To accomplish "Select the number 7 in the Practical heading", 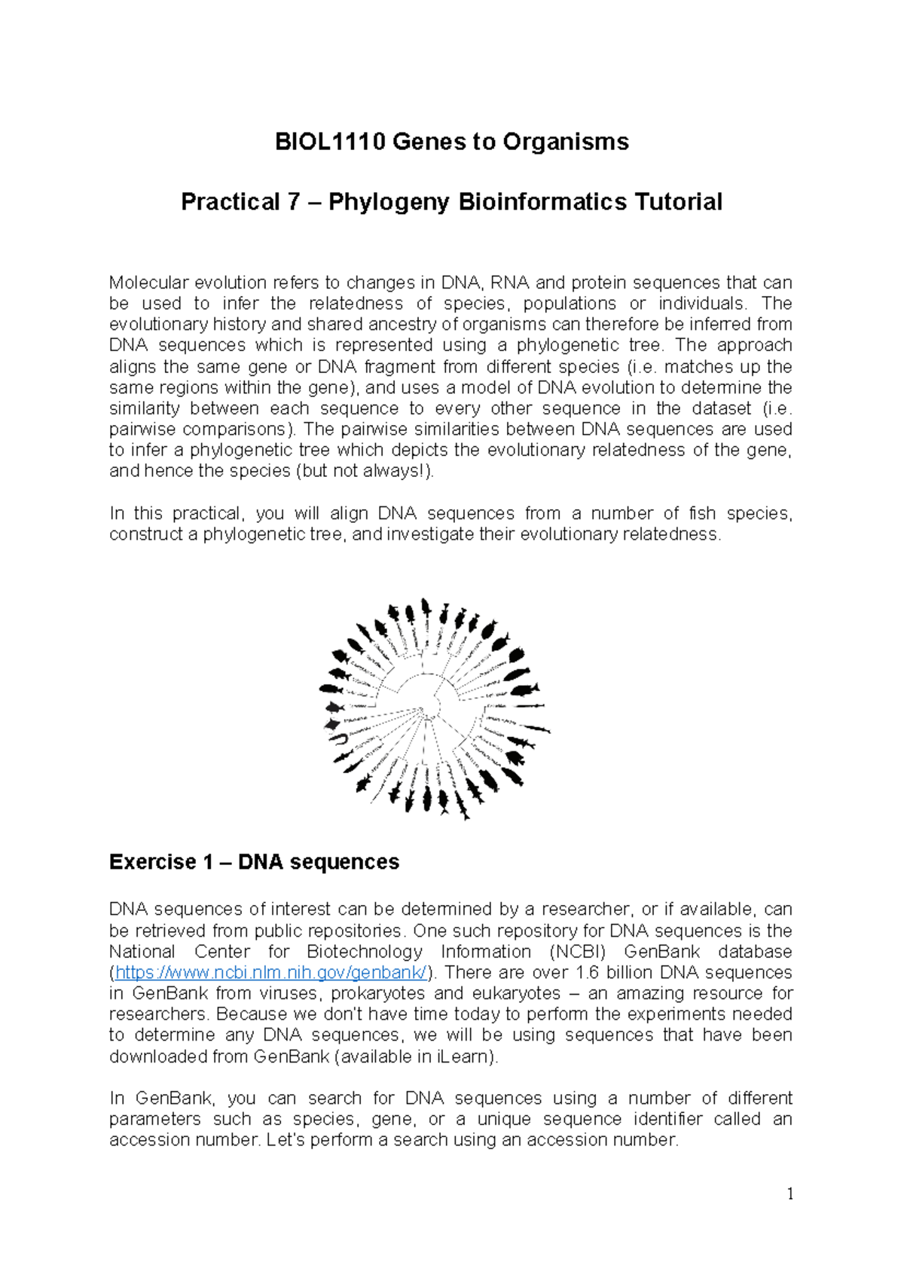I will coord(293,202).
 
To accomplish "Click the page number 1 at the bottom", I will coord(789,1194).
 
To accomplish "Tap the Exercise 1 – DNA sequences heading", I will coord(254,862).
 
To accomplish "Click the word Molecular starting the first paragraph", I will coord(149,283).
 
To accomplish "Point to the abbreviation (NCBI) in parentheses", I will coord(577,952).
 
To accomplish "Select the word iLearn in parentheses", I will coord(463,1056).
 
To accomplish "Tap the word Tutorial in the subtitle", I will coord(678,202).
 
